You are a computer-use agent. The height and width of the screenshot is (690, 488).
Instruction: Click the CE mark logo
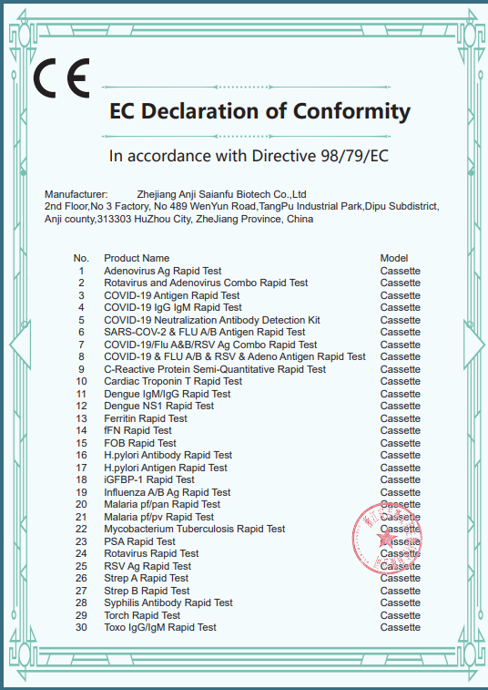tap(61, 79)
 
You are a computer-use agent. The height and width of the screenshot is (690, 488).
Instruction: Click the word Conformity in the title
tap(352, 112)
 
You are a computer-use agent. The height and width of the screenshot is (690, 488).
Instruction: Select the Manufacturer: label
tap(76, 194)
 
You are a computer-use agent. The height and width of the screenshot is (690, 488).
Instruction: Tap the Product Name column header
tap(137, 258)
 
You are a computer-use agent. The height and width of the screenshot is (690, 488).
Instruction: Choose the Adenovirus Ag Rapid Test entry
tap(162, 271)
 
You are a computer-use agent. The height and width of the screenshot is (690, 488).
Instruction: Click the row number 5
tap(81, 320)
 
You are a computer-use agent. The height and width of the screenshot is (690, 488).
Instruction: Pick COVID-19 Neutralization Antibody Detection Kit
tap(212, 320)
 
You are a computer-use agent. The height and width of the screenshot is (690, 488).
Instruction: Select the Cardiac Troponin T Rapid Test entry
tap(172, 381)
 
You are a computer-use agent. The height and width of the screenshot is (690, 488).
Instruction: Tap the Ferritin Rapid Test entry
tap(146, 418)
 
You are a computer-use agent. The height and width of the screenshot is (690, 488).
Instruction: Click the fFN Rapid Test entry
tap(137, 430)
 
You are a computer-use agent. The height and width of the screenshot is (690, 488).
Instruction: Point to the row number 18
tap(81, 479)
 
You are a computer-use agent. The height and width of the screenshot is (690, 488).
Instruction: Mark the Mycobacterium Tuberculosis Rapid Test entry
tap(194, 529)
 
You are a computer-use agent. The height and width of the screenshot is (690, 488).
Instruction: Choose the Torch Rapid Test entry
tap(142, 615)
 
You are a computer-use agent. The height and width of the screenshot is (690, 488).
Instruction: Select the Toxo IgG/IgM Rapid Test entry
tap(160, 627)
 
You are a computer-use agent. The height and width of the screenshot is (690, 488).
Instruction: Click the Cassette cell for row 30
tap(401, 627)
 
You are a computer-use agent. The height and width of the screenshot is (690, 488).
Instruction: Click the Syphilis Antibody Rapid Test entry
tap(168, 602)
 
